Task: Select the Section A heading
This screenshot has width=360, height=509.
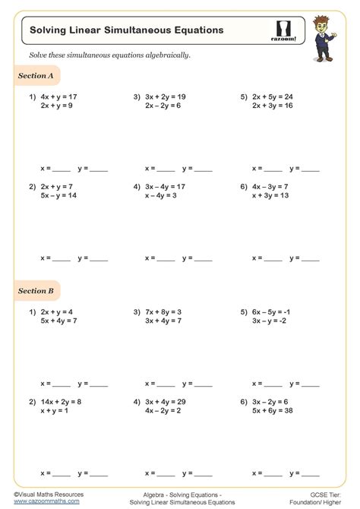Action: click(36, 76)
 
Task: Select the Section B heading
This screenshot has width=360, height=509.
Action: click(36, 290)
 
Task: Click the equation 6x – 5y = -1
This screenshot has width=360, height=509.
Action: click(271, 311)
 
